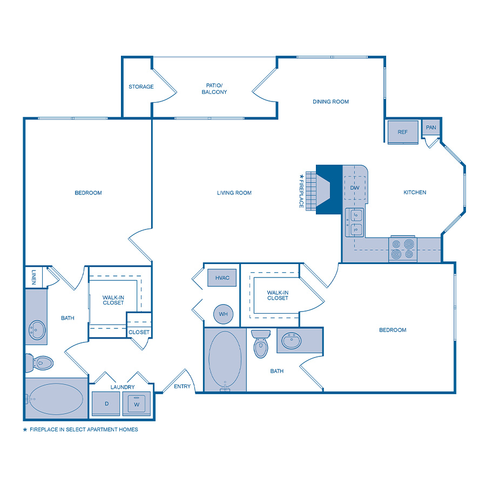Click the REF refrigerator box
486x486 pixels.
pos(403,132)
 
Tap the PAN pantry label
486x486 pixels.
pos(431,127)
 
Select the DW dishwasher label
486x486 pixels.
pos(355,187)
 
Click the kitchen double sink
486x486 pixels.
pos(355,222)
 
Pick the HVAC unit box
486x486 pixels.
pos(222,278)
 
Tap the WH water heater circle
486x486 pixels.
pos(223,314)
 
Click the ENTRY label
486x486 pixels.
pos(182,387)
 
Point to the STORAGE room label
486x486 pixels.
pos(141,87)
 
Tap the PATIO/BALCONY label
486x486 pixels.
pos(214,89)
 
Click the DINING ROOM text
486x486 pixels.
pos(330,102)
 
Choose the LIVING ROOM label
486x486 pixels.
pos(234,193)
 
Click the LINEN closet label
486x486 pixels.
pos(33,277)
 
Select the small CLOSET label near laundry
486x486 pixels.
pos(139,332)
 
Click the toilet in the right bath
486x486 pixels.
pos(261,346)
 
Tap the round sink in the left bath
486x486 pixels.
pos(37,328)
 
